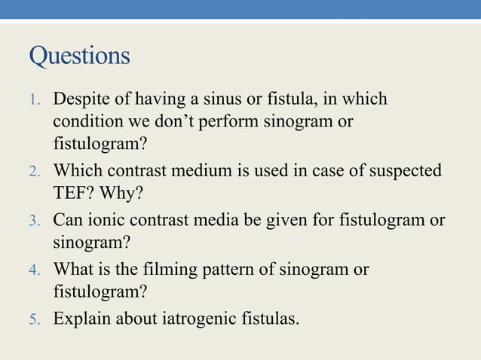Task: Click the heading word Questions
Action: pyautogui.click(x=79, y=56)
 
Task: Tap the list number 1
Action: pyautogui.click(x=34, y=100)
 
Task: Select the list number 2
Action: pyautogui.click(x=34, y=172)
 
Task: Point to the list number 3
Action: pyautogui.click(x=34, y=221)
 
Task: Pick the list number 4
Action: pyautogui.click(x=34, y=270)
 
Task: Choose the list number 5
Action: pyautogui.click(x=34, y=319)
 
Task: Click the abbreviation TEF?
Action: pyautogui.click(x=75, y=194)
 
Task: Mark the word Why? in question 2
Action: pyautogui.click(x=121, y=194)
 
